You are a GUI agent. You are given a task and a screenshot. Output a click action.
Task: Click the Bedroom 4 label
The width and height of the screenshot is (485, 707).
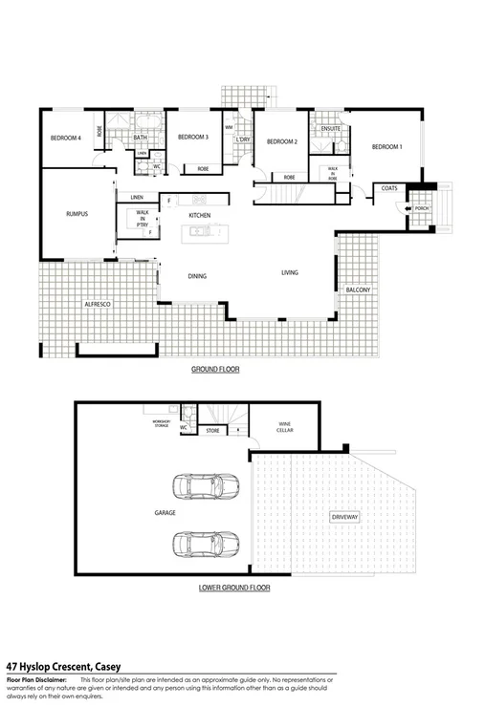click(65, 139)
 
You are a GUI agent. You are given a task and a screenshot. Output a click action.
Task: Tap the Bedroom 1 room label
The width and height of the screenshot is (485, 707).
click(386, 146)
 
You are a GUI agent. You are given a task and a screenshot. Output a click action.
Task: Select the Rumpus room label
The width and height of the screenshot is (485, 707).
click(77, 214)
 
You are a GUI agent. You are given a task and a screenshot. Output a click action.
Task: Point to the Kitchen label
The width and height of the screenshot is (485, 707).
click(199, 216)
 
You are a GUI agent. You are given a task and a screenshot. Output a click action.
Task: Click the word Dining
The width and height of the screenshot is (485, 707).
click(197, 276)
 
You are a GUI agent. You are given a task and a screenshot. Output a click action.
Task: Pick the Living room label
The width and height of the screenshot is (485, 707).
click(289, 273)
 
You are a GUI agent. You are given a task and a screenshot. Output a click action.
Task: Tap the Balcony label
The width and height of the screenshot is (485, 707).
click(358, 289)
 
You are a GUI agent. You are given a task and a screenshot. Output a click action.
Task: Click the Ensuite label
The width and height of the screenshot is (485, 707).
click(331, 129)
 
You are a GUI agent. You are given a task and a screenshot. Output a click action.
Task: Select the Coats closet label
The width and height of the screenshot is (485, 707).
click(388, 188)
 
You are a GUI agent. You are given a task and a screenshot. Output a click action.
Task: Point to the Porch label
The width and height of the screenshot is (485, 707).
click(421, 207)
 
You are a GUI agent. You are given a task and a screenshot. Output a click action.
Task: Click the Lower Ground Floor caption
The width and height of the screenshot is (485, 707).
click(233, 588)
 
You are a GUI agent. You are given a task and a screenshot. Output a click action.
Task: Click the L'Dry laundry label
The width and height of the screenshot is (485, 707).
click(243, 139)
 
